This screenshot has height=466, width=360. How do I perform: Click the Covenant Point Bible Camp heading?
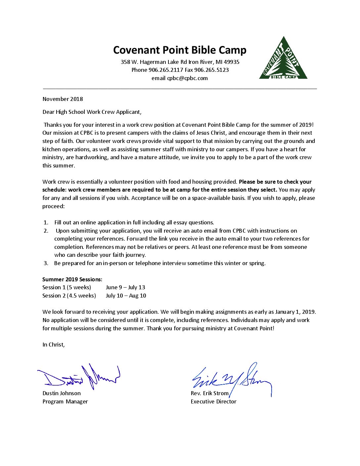point(180,50)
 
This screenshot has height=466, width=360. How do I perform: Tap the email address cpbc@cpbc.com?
point(187,78)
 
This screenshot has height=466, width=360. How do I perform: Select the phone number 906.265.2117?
point(166,70)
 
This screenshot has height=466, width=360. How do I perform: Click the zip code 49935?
point(232,62)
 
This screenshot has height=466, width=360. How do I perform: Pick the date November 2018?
point(63,99)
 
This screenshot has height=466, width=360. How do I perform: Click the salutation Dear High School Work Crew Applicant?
point(92,112)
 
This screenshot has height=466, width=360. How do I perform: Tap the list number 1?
point(46,223)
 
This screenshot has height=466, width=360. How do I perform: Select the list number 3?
point(46,263)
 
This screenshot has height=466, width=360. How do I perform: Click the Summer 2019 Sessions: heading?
point(72,279)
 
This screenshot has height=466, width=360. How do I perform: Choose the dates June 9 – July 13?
point(125,288)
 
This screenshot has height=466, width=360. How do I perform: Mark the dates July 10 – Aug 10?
point(126,296)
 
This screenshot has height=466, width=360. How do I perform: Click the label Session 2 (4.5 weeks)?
point(69,296)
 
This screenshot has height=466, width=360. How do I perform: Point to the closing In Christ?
point(53,345)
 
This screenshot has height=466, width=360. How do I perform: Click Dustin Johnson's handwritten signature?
point(79,377)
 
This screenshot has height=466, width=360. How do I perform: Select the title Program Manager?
point(65,402)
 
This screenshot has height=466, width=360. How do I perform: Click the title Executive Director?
point(213,402)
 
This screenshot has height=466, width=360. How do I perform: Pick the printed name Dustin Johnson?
point(62,394)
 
